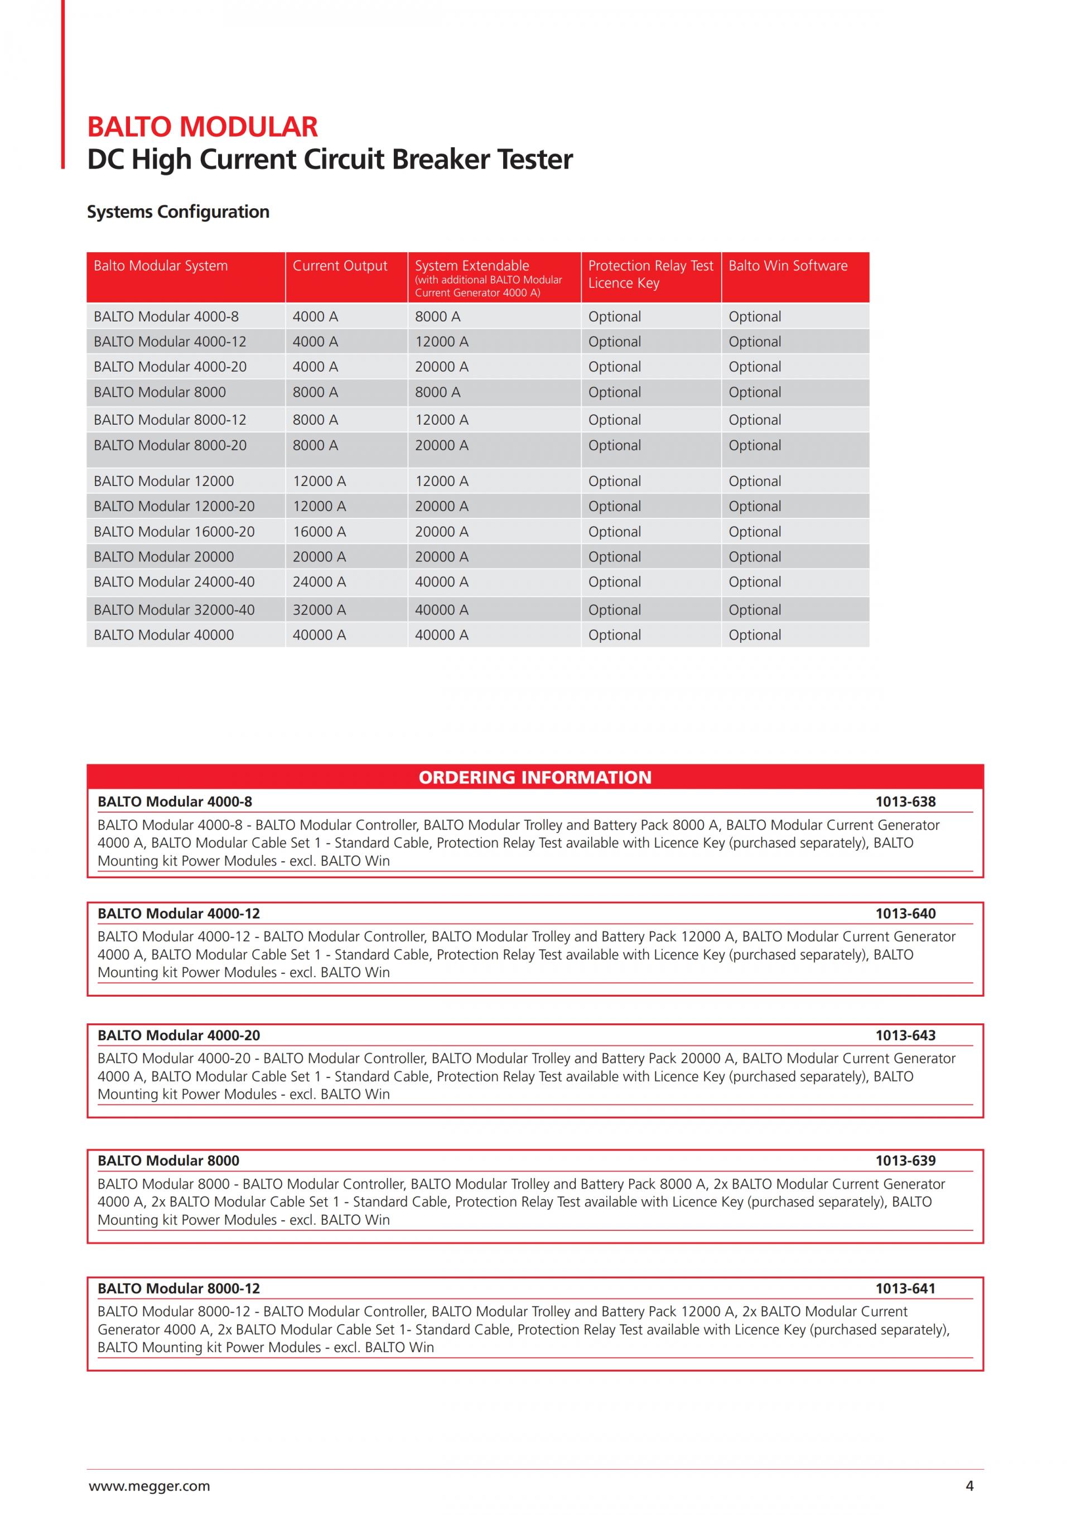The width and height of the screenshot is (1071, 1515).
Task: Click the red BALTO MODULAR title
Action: (x=202, y=127)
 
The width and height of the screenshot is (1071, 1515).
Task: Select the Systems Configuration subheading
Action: (x=178, y=212)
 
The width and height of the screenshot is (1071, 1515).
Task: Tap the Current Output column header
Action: (x=340, y=266)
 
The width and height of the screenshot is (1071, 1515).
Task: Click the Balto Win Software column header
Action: (x=788, y=266)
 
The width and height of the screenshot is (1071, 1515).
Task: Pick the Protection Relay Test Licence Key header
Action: (x=650, y=274)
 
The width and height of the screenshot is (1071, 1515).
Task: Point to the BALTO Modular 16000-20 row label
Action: (x=174, y=532)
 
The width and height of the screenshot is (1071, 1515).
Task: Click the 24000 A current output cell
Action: (x=319, y=582)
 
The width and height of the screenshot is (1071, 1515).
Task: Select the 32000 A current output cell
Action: (x=319, y=610)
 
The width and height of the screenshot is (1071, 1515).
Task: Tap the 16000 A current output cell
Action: (x=319, y=532)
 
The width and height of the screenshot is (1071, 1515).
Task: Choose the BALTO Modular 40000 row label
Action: (x=163, y=635)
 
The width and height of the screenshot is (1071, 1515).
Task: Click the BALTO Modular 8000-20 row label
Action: (x=170, y=445)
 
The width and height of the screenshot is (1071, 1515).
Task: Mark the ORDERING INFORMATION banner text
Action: (x=535, y=777)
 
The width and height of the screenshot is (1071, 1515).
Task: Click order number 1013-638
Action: (x=905, y=802)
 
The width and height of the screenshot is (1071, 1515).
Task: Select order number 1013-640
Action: (x=905, y=913)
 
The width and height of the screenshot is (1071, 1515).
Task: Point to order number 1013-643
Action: (x=905, y=1035)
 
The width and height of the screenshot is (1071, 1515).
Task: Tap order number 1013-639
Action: (x=905, y=1161)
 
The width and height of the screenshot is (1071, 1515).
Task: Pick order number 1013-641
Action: (x=905, y=1288)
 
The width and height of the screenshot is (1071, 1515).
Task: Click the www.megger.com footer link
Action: (x=149, y=1486)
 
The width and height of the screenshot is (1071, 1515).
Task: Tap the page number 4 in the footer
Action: (x=969, y=1486)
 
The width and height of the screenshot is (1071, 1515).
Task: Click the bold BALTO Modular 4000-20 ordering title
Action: (x=178, y=1035)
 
